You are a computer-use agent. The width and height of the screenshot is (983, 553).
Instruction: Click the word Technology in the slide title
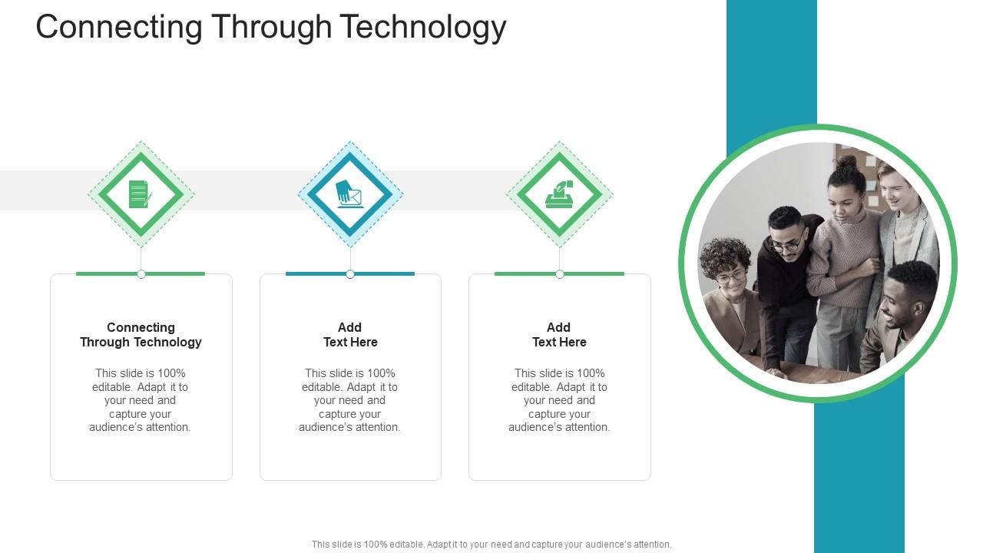423,27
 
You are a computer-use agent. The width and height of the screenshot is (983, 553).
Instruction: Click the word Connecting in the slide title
119,27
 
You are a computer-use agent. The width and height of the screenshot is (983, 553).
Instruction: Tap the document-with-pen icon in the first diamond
140,194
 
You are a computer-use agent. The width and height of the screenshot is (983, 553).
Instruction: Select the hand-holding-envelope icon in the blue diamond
350,194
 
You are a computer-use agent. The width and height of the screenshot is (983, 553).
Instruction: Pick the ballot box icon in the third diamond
559,195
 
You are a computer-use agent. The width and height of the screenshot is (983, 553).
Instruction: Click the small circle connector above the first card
141,274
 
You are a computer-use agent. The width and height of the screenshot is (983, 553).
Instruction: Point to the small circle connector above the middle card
350,274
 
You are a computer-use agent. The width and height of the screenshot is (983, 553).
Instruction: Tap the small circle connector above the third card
560,274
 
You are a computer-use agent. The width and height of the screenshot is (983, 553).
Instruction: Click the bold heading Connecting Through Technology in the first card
141,335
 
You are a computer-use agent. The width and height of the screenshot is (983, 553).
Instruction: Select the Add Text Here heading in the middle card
350,335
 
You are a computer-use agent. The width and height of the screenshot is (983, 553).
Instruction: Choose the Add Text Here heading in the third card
559,335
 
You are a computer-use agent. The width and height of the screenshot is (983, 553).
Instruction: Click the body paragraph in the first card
140,400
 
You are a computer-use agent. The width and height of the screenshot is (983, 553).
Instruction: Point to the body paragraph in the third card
559,400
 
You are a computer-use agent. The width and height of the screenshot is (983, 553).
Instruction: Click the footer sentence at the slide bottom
491,544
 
